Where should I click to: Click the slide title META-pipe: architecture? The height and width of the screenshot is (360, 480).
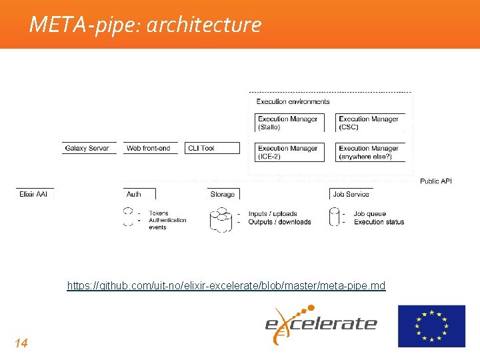pyautogui.click(x=145, y=25)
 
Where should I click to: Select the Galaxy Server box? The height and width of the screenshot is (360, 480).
pyautogui.click(x=90, y=148)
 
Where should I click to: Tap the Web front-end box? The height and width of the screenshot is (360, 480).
pyautogui.click(x=149, y=148)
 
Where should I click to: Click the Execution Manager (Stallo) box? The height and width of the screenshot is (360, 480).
pyautogui.click(x=289, y=123)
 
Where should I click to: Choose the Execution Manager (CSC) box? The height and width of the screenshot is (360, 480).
pyautogui.click(x=369, y=123)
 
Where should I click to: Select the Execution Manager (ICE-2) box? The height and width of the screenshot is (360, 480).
pyautogui.click(x=289, y=152)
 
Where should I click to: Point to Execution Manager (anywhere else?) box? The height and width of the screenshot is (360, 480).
pyautogui.click(x=369, y=152)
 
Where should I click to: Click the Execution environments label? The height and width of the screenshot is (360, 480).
pyautogui.click(x=293, y=101)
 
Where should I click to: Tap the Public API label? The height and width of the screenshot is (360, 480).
pyautogui.click(x=435, y=181)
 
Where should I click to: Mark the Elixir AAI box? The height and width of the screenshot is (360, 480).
pyautogui.click(x=34, y=194)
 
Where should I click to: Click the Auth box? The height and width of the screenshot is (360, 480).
pyautogui.click(x=138, y=194)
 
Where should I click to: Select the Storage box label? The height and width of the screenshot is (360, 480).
pyautogui.click(x=223, y=194)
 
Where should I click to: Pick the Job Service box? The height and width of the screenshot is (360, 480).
pyautogui.click(x=351, y=194)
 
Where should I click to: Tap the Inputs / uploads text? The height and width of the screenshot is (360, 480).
pyautogui.click(x=273, y=214)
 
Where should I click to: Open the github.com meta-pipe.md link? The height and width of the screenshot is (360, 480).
pyautogui.click(x=226, y=285)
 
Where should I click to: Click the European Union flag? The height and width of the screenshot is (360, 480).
pyautogui.click(x=431, y=326)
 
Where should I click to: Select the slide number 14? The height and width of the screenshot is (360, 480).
pyautogui.click(x=21, y=343)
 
